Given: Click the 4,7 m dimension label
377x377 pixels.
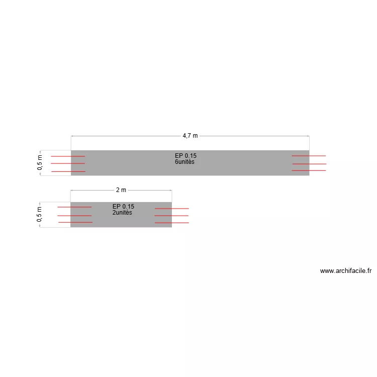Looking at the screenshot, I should (190, 136).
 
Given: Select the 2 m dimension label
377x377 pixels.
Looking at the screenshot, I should (121, 190).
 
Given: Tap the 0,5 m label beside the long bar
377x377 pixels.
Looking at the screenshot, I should (40, 162).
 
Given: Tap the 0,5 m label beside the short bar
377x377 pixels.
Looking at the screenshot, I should (40, 214).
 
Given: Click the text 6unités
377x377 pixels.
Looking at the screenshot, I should (184, 162).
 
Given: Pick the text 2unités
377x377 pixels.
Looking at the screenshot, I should (122, 213).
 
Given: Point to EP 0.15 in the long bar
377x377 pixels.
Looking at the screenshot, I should (185, 156).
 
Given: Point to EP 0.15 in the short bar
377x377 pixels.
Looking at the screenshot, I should (123, 206).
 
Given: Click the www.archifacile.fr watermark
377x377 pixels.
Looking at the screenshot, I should (346, 271).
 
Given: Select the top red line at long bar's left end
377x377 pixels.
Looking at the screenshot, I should (68, 156).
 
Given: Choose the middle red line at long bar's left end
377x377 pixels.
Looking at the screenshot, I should (68, 163).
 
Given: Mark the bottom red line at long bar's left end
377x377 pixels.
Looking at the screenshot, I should (68, 172).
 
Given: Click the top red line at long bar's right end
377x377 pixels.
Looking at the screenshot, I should (309, 156).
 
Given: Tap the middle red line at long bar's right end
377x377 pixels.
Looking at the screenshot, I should (309, 164).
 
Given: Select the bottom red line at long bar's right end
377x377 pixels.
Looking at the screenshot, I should (309, 171).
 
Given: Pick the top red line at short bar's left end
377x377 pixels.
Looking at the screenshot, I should (74, 207).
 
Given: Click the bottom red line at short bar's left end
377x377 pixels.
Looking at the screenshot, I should (75, 222).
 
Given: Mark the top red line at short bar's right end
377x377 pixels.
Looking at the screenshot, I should (171, 208).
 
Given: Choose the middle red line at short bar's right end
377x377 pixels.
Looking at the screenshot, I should (171, 216).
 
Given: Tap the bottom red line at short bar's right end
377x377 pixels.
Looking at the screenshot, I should (171, 223).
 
